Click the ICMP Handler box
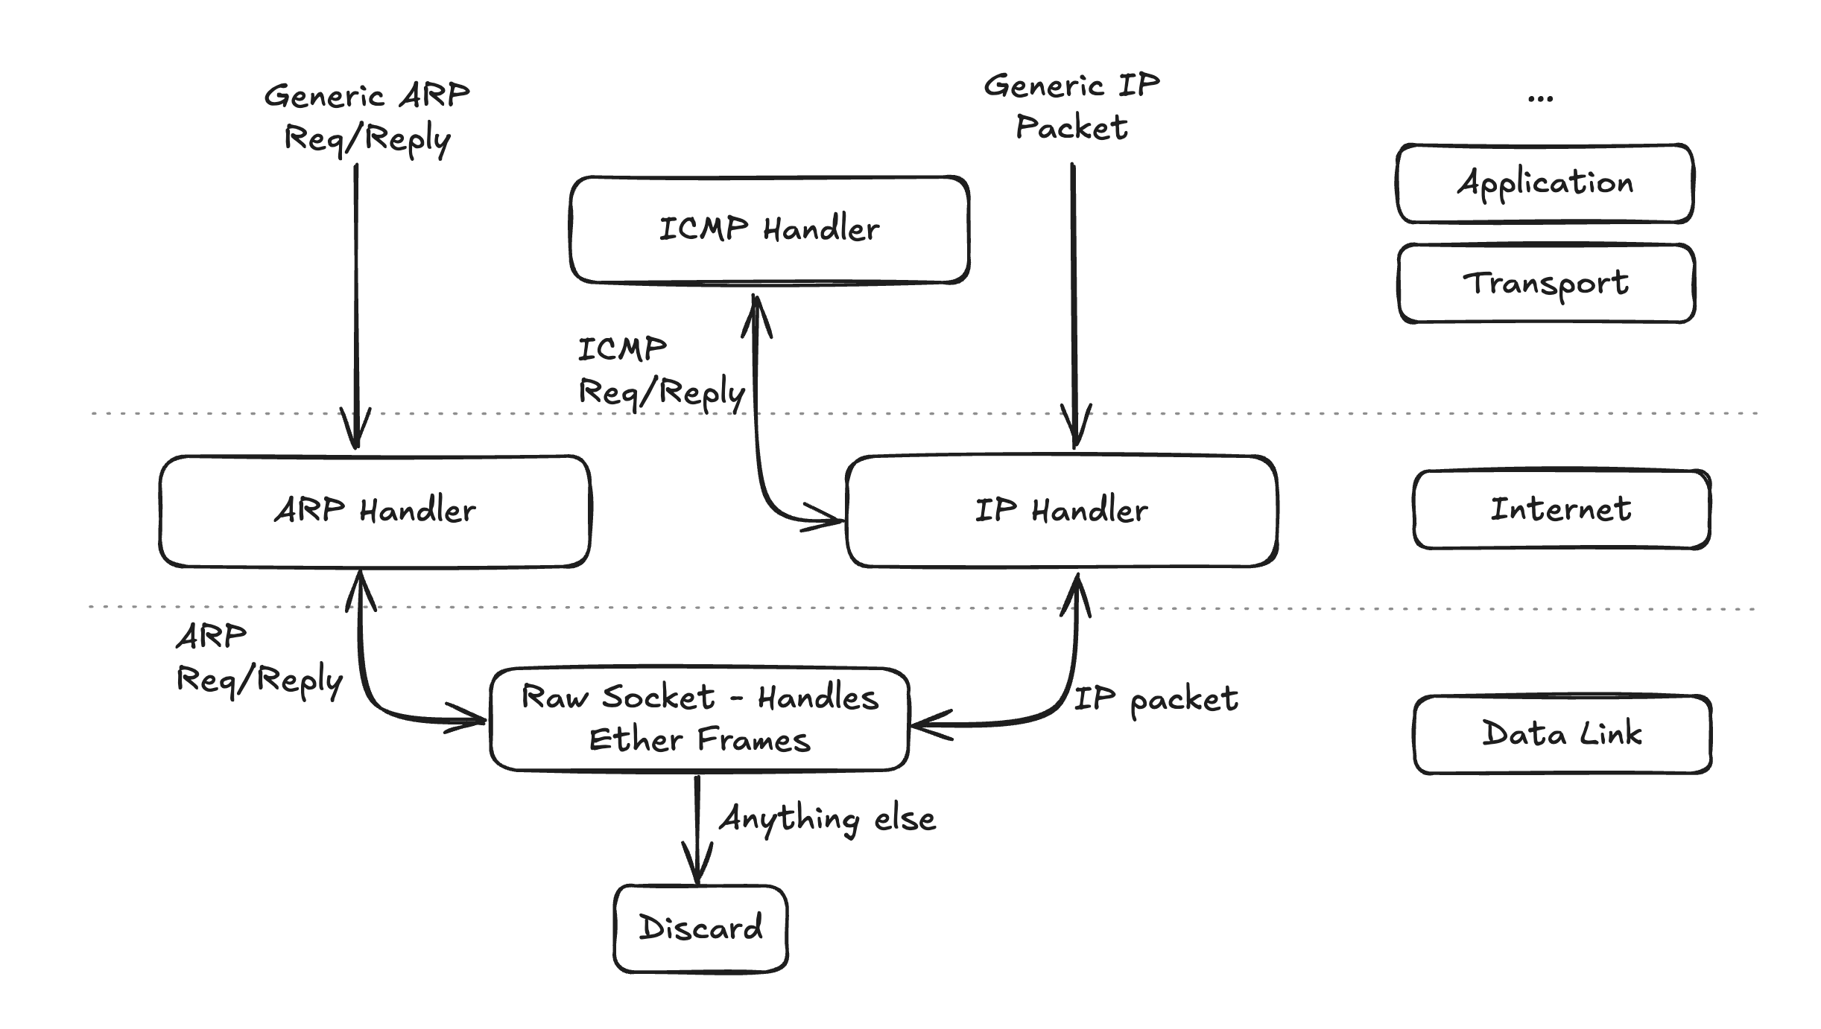(769, 230)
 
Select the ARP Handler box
(375, 512)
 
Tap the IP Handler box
(1062, 512)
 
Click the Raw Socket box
(699, 719)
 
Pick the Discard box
(700, 928)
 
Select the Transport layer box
(1546, 284)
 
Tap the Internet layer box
(1561, 510)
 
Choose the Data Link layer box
(1562, 735)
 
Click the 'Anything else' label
(827, 819)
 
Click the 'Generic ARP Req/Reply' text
(367, 118)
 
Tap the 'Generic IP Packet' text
(1071, 106)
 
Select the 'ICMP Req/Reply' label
(659, 371)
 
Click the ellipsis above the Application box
(1540, 98)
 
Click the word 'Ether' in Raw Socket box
(636, 741)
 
